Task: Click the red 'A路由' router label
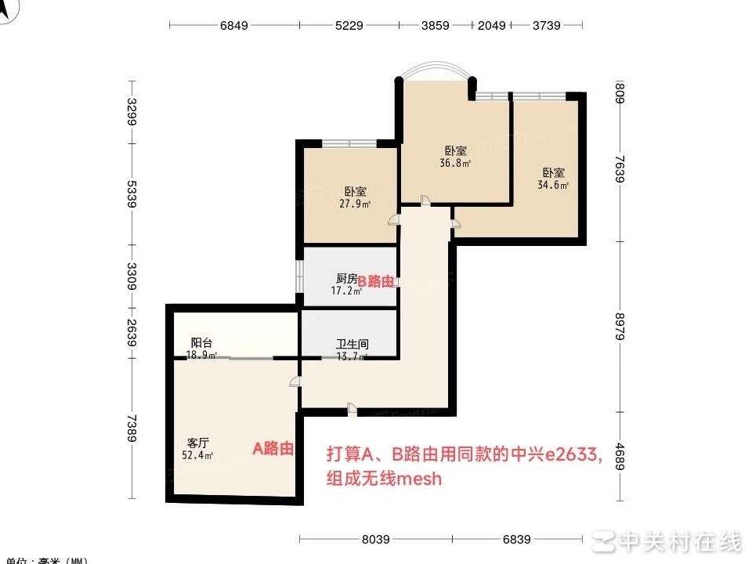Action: pos(273,449)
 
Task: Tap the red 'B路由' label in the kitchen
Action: pos(376,281)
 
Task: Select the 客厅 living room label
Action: pos(198,442)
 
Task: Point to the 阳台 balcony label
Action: pos(202,343)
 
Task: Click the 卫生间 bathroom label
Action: pos(352,344)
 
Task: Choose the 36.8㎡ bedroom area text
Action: pos(455,164)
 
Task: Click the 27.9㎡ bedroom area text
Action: pos(355,204)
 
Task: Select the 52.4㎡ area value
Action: pos(197,455)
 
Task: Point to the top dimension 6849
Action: pos(233,25)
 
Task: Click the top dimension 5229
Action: pos(349,25)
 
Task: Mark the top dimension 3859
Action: pos(436,25)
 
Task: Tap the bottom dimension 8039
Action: pos(375,539)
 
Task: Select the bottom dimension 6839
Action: pos(517,539)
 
